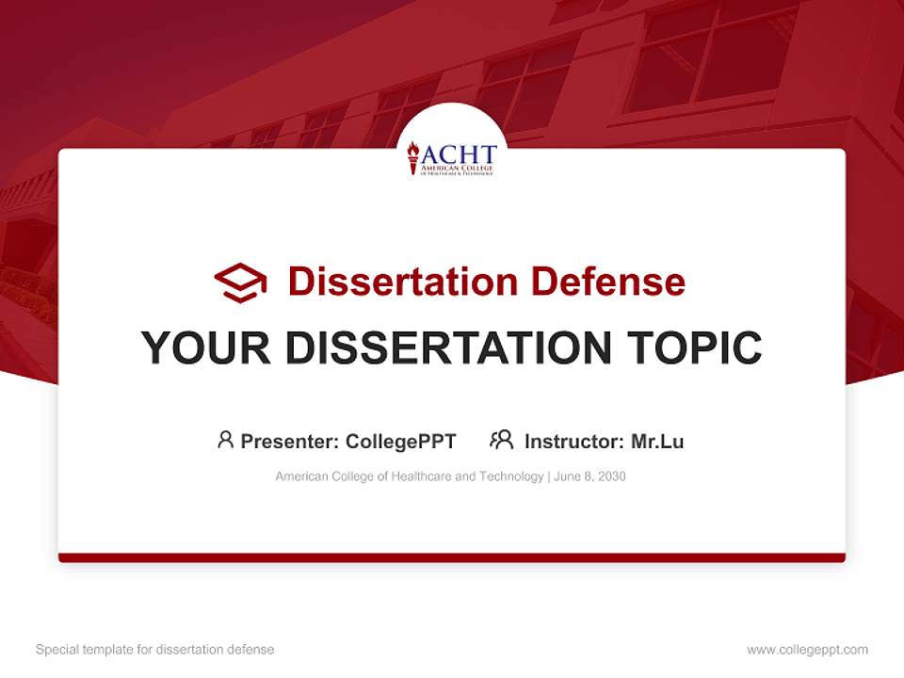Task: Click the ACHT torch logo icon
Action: click(412, 157)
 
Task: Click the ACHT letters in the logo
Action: click(459, 153)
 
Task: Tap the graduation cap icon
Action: click(240, 282)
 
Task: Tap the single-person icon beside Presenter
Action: click(225, 440)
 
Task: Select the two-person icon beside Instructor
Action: click(501, 440)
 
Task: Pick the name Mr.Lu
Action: click(657, 442)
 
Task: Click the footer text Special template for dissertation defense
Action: click(154, 650)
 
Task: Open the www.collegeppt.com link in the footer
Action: click(807, 650)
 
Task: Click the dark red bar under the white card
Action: click(452, 557)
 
